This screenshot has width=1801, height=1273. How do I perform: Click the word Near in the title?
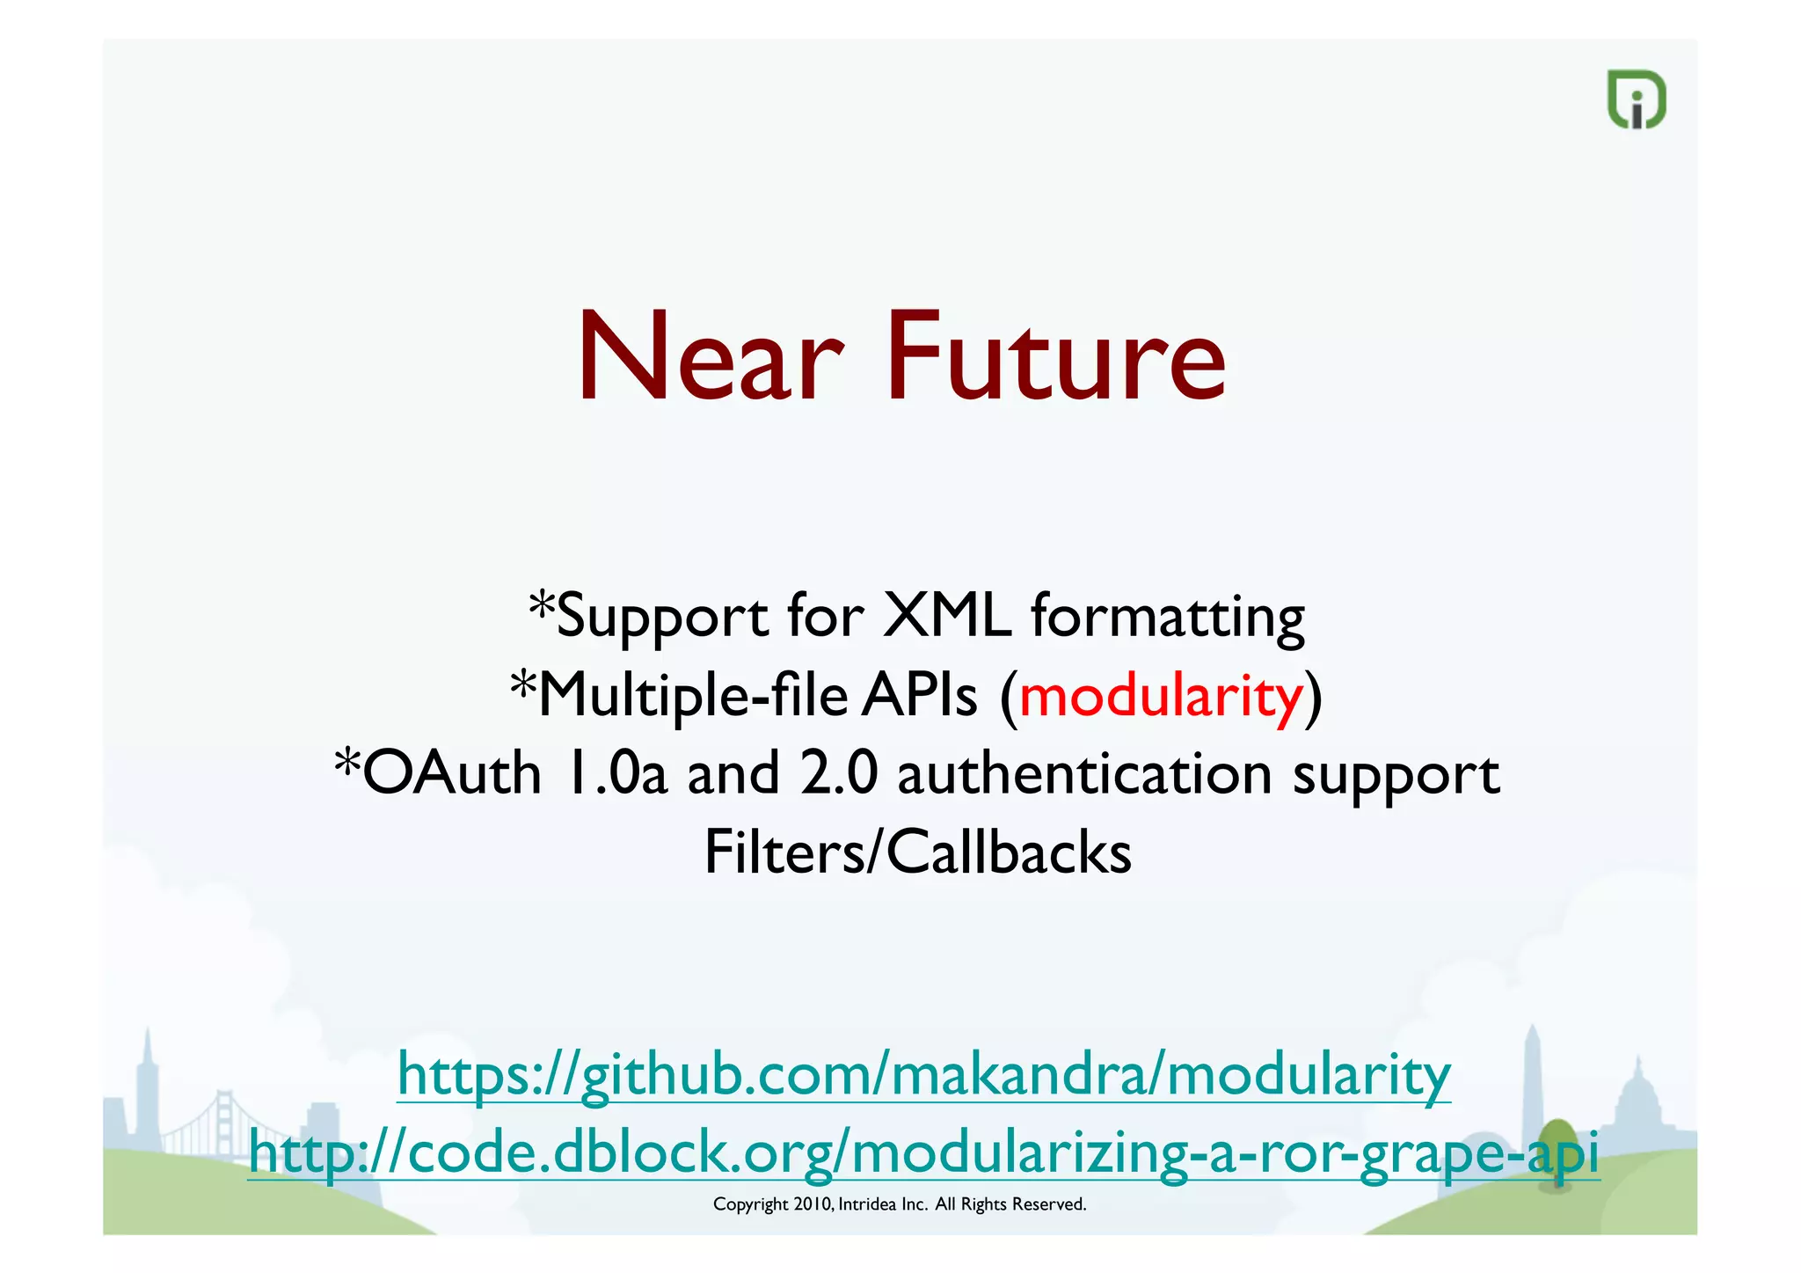tap(709, 358)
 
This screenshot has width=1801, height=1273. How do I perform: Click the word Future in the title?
tap(1055, 358)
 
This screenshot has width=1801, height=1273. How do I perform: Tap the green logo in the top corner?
tap(1636, 99)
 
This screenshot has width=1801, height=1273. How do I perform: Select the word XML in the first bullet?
tap(946, 615)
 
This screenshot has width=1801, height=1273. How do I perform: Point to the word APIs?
tap(919, 696)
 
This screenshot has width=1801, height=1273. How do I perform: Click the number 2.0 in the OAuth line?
tap(839, 773)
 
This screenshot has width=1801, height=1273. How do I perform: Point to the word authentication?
tap(1085, 775)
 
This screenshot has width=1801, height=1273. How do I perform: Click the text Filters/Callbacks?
tap(917, 852)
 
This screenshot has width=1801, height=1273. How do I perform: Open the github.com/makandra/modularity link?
tap(923, 1074)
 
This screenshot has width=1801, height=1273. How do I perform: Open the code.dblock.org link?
tap(923, 1152)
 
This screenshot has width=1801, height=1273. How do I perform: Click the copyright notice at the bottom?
tap(900, 1204)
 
